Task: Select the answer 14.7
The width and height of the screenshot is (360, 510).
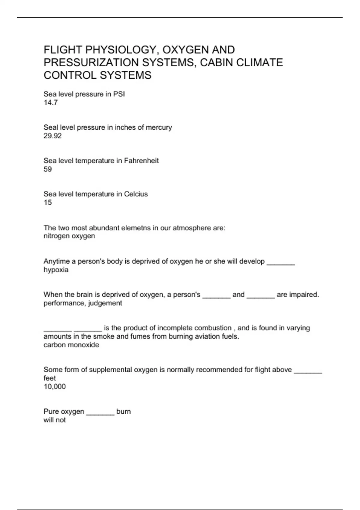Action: tap(51, 103)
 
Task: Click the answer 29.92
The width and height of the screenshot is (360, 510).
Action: tap(53, 136)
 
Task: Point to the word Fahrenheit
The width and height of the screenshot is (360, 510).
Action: tap(141, 161)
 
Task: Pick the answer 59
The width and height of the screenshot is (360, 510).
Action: tap(48, 169)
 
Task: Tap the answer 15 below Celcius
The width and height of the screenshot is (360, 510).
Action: tap(48, 202)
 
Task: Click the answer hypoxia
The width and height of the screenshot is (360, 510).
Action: tap(56, 270)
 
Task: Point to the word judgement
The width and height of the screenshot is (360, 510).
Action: tap(105, 303)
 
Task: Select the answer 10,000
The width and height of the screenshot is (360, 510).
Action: tap(55, 386)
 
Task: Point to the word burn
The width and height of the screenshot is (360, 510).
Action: tap(124, 411)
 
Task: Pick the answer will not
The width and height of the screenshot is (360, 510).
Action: tap(55, 420)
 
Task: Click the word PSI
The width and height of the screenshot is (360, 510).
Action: tap(119, 94)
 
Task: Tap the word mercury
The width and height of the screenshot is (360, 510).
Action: tap(159, 127)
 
